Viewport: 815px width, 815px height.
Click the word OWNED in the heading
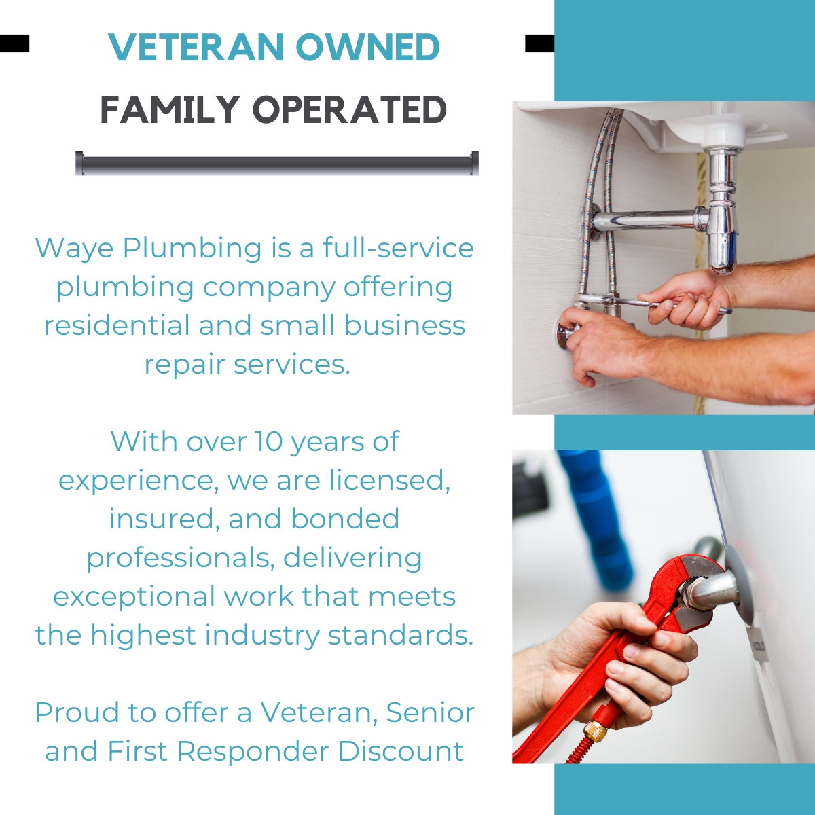367,48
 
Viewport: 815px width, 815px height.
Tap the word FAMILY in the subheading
170,110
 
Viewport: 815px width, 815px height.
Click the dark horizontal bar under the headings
277,163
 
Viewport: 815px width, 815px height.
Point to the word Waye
75,249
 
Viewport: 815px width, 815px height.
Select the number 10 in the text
268,442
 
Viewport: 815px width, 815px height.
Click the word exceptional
134,597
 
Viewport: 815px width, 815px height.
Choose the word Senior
430,713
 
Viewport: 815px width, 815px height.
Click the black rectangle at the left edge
14,43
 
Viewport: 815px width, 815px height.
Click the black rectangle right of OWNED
539,43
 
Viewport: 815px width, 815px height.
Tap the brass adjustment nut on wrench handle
596,731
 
